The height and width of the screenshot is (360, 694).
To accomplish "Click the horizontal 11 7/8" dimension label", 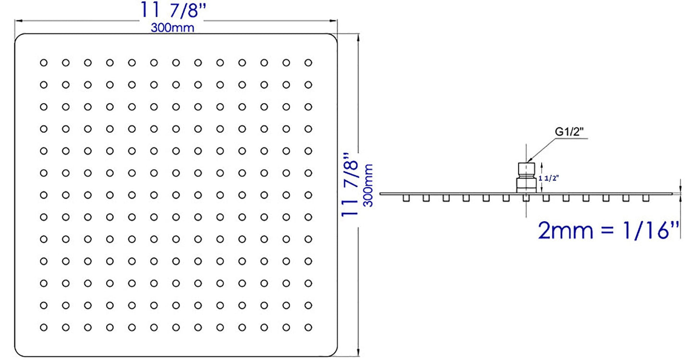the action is coord(173,10).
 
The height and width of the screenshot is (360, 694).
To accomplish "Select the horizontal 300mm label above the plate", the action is coord(172,28).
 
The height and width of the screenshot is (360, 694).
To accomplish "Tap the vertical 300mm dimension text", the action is coord(368,185).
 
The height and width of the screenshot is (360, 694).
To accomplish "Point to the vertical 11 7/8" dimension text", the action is coord(350,184).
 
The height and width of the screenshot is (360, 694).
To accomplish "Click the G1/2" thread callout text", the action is coord(569,132).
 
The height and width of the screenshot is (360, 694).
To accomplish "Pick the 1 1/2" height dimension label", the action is coord(548,178).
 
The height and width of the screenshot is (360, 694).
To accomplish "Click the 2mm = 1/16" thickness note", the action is coord(608,230).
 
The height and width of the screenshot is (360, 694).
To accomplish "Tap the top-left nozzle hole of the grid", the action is coord(44,63).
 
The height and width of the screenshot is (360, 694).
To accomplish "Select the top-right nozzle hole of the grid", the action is coord(308,63).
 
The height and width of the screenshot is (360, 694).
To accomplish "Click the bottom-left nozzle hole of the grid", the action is coord(44,327).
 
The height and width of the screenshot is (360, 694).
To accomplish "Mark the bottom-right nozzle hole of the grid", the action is coord(308,327).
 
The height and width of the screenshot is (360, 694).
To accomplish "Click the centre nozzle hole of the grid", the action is coord(176,195).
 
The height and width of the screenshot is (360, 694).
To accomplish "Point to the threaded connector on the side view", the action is coord(526,178).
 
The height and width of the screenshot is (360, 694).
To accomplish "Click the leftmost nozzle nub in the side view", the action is coord(406,198).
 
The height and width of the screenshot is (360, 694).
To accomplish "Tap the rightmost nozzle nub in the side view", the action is coord(646,198).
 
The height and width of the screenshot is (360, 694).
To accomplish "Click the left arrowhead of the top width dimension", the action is coord(19,21).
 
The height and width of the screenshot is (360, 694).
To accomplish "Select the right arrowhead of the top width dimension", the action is coord(333,21).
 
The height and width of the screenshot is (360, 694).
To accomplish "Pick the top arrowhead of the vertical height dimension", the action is coord(358,38).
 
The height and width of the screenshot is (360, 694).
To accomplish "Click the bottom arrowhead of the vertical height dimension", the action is coord(358,352).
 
